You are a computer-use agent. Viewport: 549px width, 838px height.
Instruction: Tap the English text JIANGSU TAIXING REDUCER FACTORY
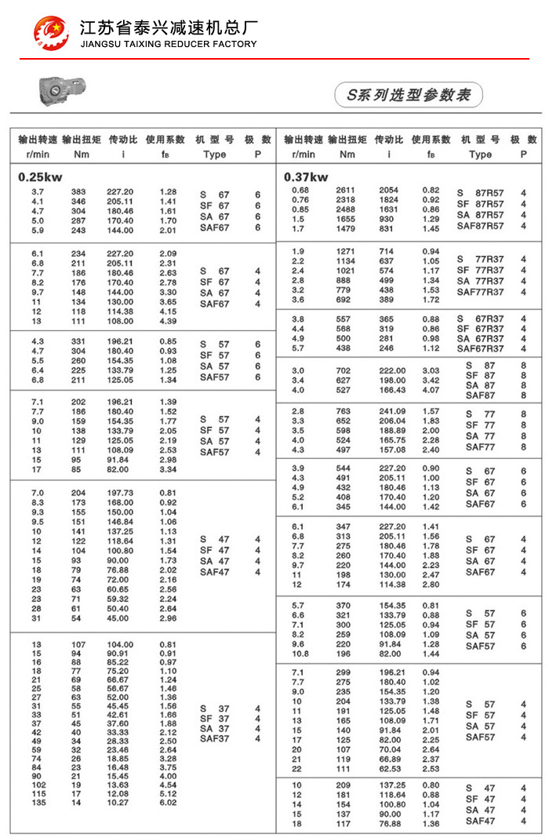169,44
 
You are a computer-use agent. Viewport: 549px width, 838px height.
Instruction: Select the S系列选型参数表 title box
409,94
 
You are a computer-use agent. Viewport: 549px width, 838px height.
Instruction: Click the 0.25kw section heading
40,177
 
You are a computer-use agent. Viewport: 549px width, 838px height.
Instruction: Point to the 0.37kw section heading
306,177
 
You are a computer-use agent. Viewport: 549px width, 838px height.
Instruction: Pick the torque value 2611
346,191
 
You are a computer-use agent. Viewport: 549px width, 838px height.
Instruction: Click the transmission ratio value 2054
389,191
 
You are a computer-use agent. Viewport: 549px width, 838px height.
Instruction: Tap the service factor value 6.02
168,803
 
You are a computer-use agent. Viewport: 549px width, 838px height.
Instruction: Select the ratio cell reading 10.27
120,803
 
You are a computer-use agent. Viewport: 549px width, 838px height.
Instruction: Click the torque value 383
78,192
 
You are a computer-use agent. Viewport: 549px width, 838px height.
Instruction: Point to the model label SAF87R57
481,226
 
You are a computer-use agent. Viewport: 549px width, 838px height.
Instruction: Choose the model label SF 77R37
481,270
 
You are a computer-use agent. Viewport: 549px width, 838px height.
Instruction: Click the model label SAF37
214,738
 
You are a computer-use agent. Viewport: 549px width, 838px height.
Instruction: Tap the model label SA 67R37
481,338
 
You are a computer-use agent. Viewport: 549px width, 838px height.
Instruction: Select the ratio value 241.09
392,411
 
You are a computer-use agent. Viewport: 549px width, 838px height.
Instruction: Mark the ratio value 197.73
120,493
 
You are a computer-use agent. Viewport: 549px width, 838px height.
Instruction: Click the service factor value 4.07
431,390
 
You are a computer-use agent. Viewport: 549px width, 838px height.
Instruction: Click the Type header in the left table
214,155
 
